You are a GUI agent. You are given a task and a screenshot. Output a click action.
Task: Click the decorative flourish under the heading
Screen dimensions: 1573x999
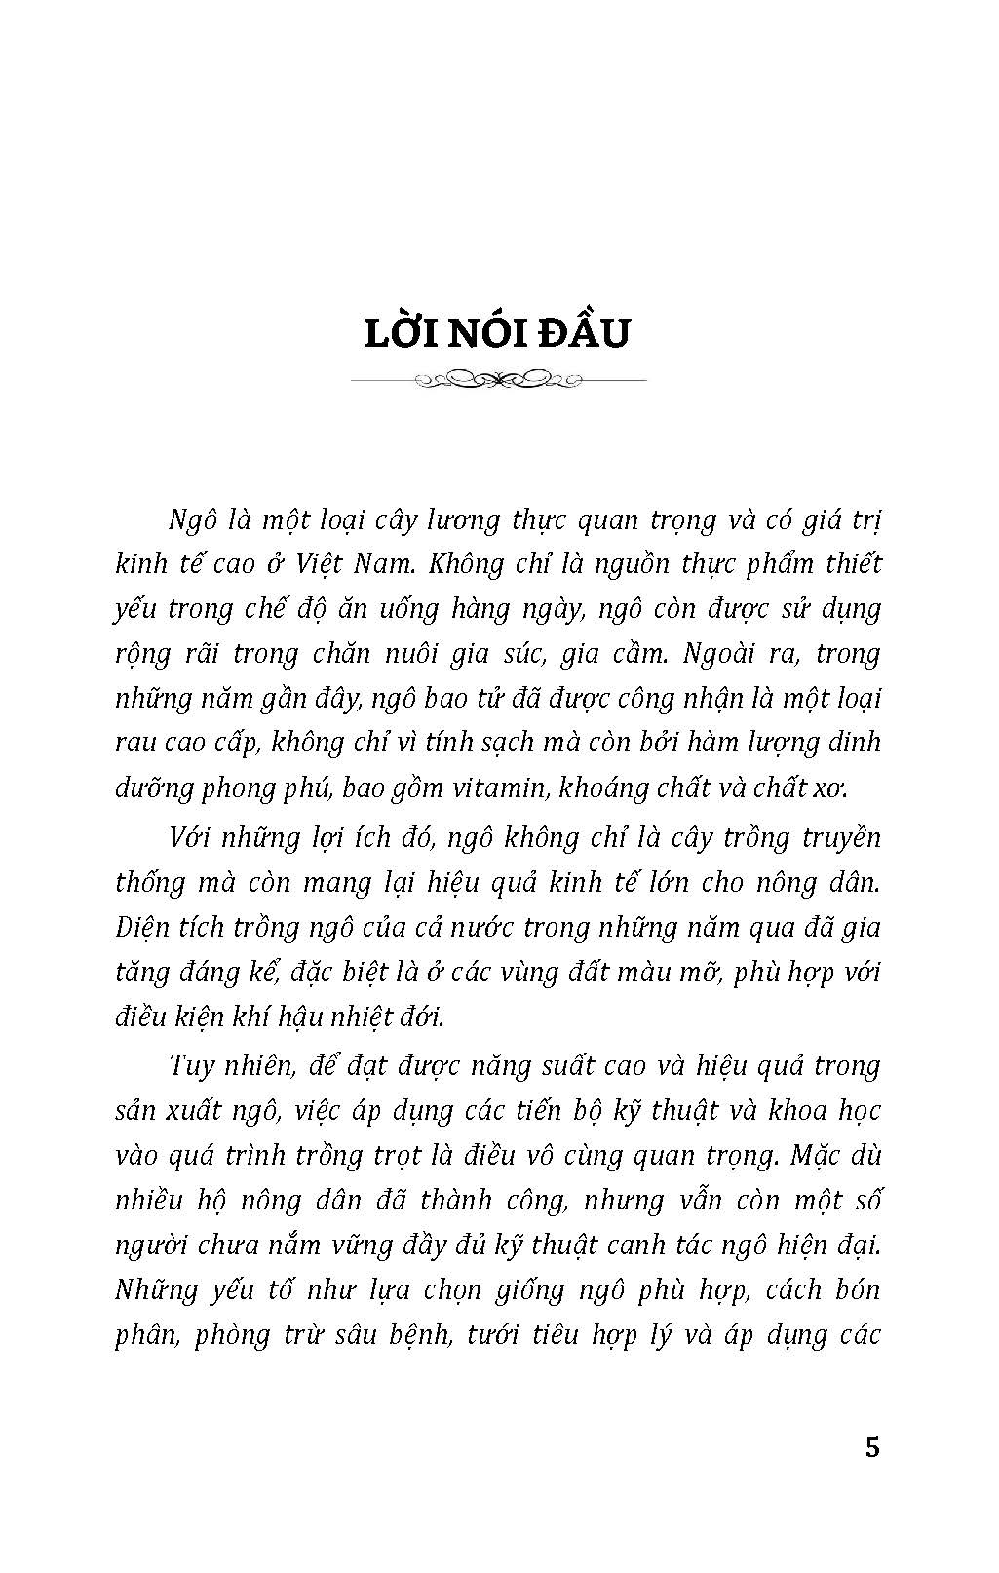(x=498, y=378)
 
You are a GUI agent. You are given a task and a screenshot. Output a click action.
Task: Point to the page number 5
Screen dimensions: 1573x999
(x=871, y=1447)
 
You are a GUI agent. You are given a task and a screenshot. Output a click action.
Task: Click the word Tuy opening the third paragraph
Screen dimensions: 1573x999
(x=191, y=1065)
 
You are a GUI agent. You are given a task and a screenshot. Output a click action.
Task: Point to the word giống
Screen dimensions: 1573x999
(x=534, y=1290)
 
